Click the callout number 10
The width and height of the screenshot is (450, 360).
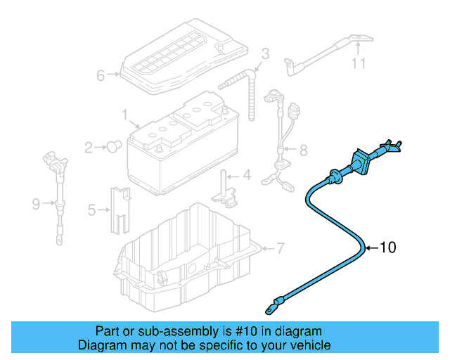click(x=388, y=247)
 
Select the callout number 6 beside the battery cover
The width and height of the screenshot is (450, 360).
click(x=101, y=75)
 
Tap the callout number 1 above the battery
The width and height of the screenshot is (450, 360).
click(x=124, y=113)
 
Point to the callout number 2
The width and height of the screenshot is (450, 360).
click(x=89, y=148)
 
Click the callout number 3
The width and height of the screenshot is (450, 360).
click(x=265, y=53)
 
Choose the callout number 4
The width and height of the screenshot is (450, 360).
click(x=247, y=174)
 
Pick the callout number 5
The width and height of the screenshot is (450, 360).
click(x=92, y=209)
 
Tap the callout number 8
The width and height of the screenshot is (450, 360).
click(x=303, y=150)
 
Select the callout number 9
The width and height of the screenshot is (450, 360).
click(x=37, y=205)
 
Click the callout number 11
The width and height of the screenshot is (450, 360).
click(x=359, y=65)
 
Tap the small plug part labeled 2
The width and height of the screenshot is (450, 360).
click(x=111, y=146)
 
